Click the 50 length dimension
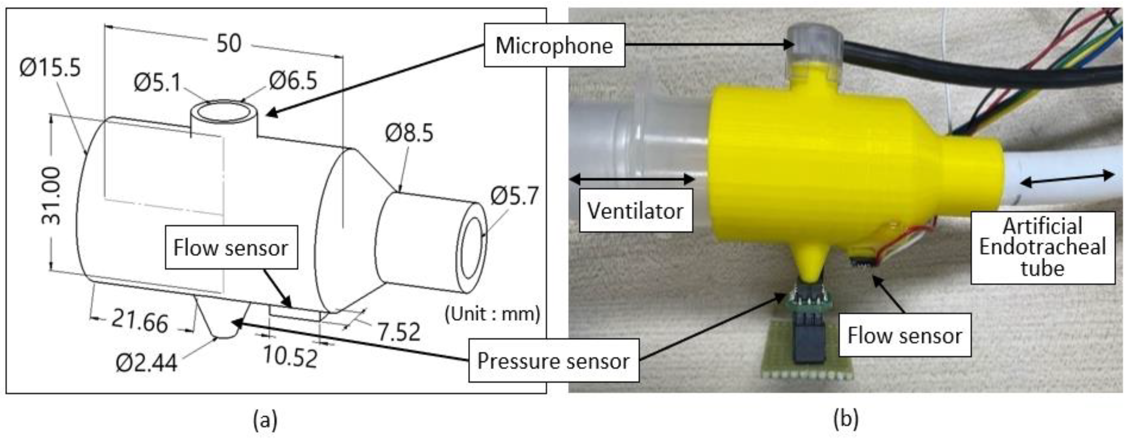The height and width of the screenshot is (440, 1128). [228, 43]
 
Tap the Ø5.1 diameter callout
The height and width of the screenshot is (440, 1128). [157, 82]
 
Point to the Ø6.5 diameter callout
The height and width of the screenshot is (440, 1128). [293, 81]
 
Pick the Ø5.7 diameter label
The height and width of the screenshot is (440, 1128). [514, 196]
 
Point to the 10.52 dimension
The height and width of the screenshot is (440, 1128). [290, 357]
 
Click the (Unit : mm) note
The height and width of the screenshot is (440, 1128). [492, 314]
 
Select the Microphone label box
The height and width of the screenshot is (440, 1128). [554, 45]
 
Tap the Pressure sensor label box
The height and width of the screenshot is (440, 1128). [553, 362]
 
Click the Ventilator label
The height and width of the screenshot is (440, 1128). [635, 211]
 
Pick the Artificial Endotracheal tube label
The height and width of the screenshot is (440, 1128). [1042, 247]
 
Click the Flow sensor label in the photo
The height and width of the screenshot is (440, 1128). [905, 336]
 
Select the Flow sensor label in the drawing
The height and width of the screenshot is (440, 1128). [231, 248]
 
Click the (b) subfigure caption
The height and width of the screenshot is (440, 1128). [845, 419]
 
